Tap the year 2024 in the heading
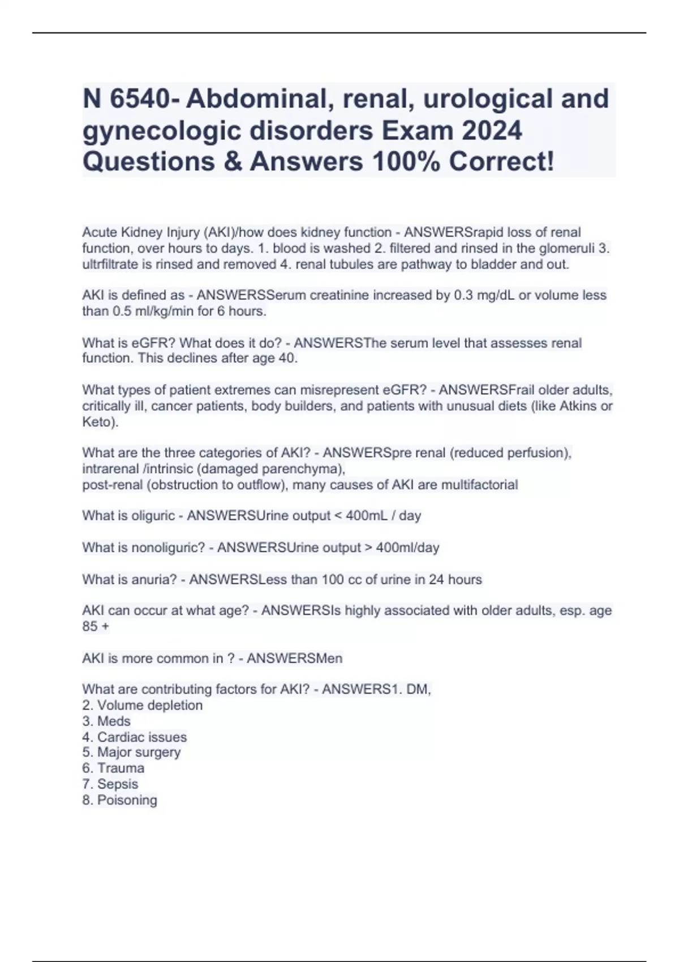pos(492,131)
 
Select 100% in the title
pos(406,162)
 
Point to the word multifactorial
pos(479,485)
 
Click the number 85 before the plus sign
pos(91,626)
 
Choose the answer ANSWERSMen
pos(294,659)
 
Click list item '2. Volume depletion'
pos(142,706)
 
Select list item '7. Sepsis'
pos(110,784)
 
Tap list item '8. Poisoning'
pos(119,800)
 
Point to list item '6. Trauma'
pos(113,768)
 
